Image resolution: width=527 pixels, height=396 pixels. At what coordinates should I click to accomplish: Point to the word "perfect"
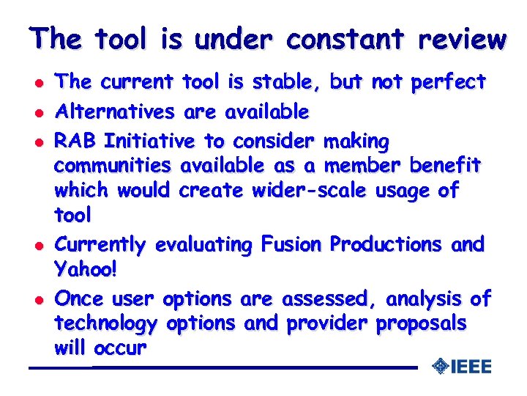click(448, 82)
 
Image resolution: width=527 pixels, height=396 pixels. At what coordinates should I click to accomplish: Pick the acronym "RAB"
click(77, 140)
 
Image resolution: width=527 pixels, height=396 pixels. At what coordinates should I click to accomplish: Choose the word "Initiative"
click(150, 140)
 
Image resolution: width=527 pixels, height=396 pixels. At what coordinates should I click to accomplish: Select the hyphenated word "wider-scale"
click(310, 191)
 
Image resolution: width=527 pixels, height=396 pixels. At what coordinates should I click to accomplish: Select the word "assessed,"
click(335, 298)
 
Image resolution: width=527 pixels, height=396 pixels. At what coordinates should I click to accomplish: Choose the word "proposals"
click(421, 324)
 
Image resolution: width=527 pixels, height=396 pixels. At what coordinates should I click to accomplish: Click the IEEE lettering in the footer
click(471, 367)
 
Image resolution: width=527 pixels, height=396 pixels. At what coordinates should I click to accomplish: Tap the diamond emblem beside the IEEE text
click(440, 366)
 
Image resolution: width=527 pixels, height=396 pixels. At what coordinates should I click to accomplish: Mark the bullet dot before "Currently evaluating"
click(34, 245)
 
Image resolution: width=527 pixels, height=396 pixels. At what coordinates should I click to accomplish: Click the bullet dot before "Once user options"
click(34, 299)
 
